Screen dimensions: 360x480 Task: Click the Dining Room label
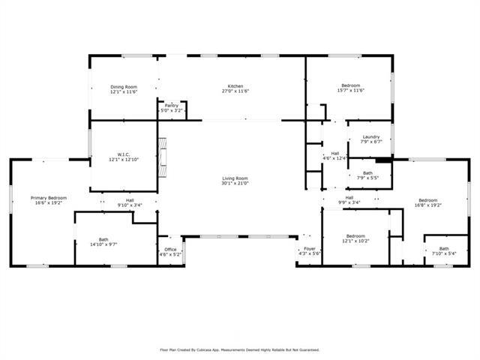(124, 85)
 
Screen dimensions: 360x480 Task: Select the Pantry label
(171, 105)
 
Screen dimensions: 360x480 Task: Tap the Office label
(170, 250)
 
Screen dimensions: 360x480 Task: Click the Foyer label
(310, 249)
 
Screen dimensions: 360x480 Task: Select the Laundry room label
(371, 136)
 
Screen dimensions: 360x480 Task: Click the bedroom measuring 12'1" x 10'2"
(355, 238)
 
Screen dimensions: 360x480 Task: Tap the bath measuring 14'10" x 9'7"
(103, 241)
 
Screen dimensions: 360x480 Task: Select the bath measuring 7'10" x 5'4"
(444, 250)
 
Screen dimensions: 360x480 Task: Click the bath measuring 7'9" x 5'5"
(368, 175)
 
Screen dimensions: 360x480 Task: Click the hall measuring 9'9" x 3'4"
(349, 199)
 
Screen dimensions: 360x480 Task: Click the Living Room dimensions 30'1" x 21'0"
(235, 183)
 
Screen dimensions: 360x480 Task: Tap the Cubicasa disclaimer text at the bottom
(240, 349)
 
